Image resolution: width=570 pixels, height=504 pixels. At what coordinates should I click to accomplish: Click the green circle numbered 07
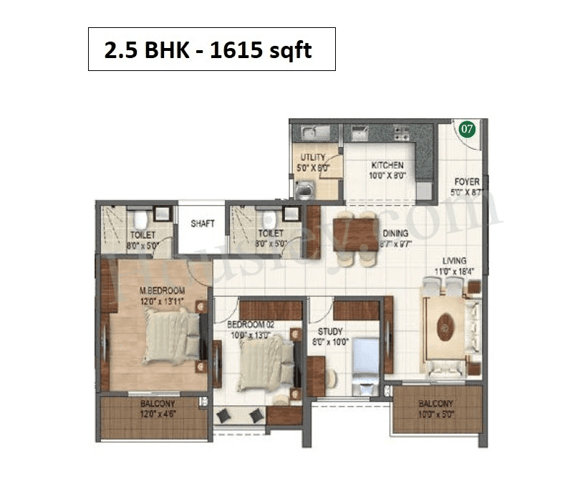click(x=467, y=130)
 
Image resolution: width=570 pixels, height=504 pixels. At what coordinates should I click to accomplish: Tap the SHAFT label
click(x=202, y=224)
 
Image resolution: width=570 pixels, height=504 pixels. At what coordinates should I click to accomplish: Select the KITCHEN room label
click(x=387, y=166)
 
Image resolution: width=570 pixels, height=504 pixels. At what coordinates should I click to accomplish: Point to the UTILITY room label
click(x=313, y=158)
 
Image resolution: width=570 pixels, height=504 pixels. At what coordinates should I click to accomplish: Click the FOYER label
click(x=467, y=182)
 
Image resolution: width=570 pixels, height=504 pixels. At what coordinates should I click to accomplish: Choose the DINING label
click(x=395, y=233)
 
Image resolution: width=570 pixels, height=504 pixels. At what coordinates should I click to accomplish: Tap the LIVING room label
click(x=454, y=261)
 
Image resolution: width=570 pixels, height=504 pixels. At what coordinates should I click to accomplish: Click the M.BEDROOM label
click(x=162, y=290)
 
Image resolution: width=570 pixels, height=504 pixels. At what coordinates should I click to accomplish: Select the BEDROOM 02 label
click(x=251, y=324)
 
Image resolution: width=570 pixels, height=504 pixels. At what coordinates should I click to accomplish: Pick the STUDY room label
click(x=329, y=332)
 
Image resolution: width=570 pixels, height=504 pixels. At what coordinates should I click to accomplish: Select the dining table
click(x=355, y=234)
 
